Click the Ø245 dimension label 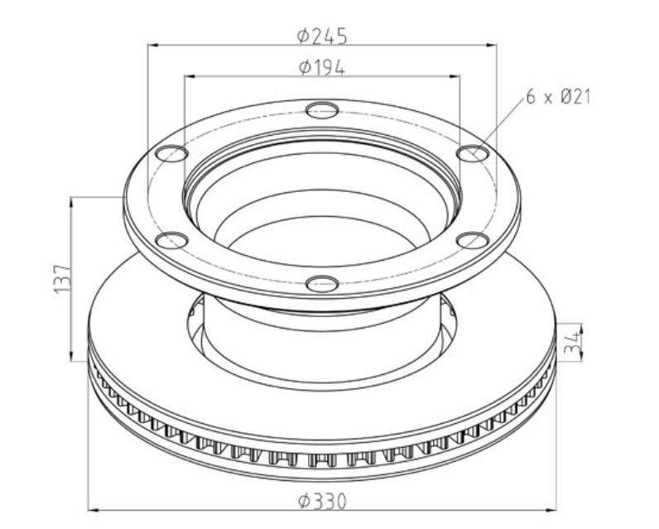[321, 36]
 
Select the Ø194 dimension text [321, 68]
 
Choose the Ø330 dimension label [321, 501]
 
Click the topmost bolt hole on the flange [322, 109]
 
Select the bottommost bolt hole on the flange [322, 284]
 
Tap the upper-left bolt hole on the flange [171, 152]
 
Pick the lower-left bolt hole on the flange [171, 241]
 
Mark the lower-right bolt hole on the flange [473, 240]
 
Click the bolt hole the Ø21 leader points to [473, 152]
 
